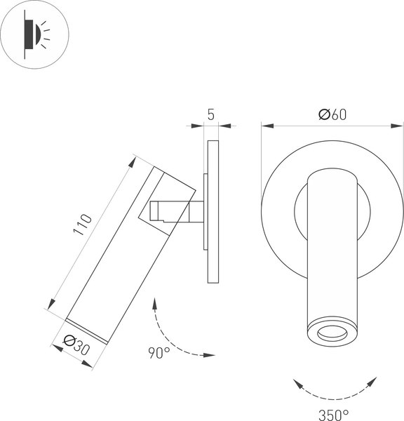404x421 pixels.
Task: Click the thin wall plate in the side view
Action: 213,210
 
